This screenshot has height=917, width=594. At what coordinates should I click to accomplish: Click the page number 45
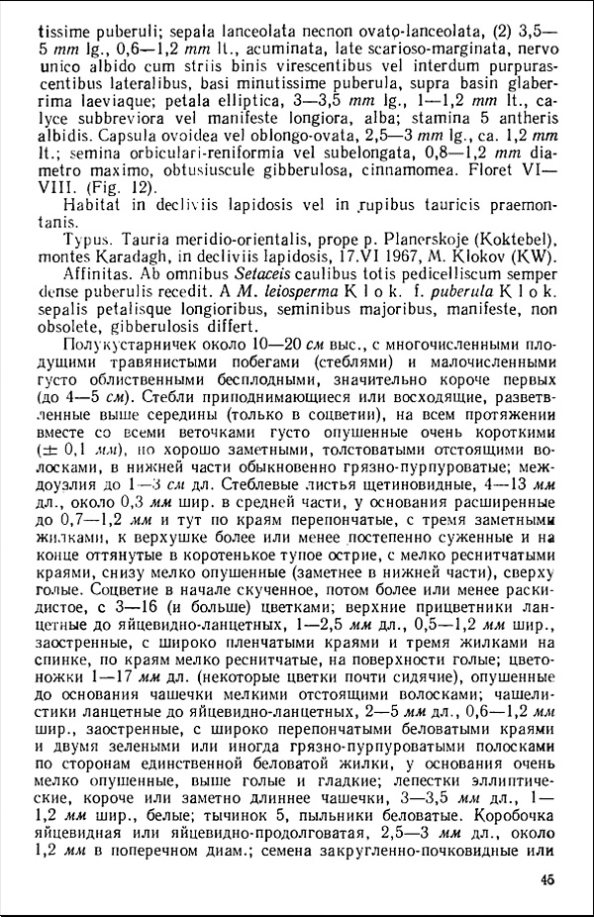547,882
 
